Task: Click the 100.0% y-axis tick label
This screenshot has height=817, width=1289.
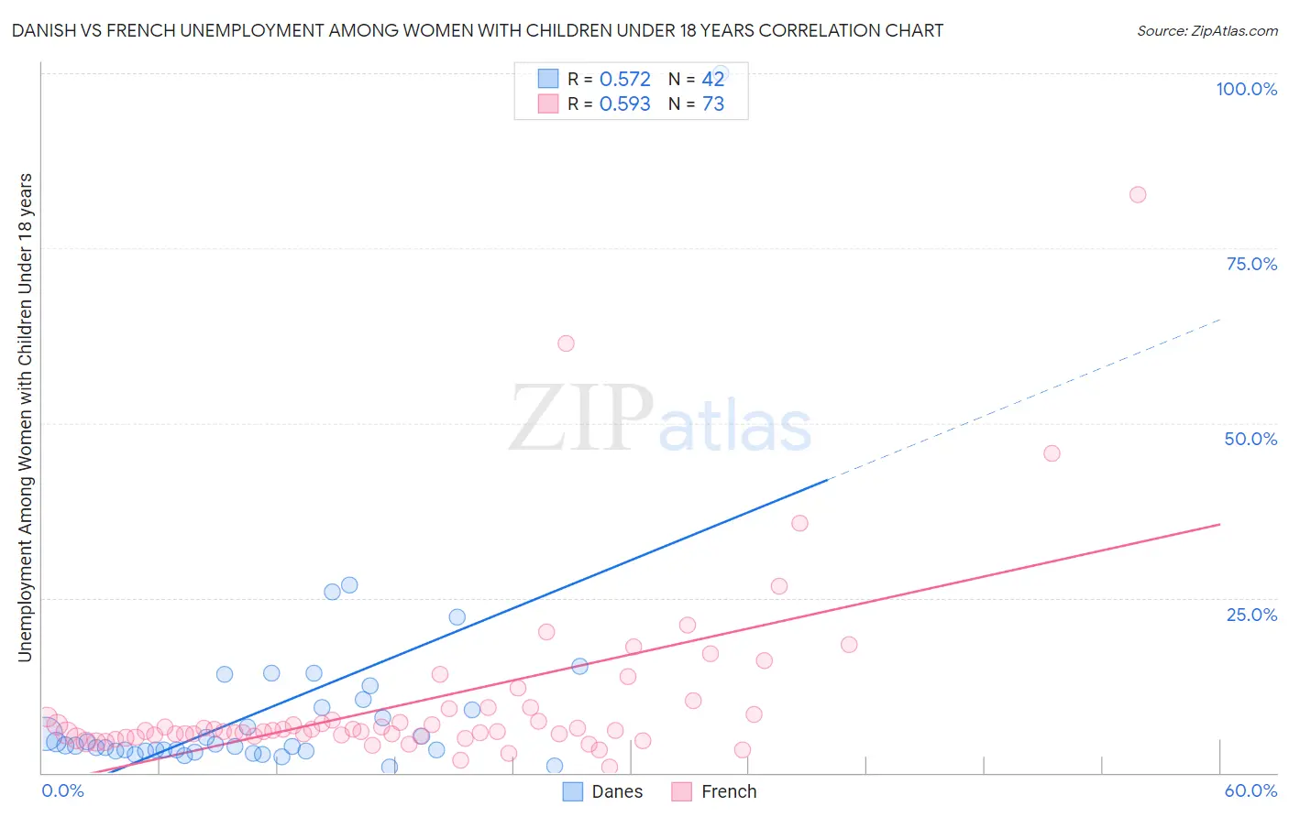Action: click(x=1246, y=89)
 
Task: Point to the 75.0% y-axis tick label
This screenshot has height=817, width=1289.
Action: click(x=1251, y=264)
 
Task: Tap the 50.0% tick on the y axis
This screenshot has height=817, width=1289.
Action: click(x=1250, y=439)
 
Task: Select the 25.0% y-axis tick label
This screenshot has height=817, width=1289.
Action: click(x=1251, y=615)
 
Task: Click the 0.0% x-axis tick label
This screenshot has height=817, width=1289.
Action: click(x=62, y=790)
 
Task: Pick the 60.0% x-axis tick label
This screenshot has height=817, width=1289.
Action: click(x=1250, y=790)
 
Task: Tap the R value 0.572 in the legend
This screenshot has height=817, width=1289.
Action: click(x=624, y=79)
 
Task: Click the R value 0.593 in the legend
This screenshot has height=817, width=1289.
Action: click(x=624, y=103)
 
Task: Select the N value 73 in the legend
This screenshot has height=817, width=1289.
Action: click(x=713, y=103)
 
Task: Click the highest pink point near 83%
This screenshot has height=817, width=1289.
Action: click(x=1138, y=194)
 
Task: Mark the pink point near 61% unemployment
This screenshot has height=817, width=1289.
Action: click(x=566, y=343)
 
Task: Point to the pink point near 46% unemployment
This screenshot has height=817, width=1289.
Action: click(x=1052, y=453)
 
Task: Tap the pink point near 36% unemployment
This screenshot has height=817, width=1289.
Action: click(x=799, y=523)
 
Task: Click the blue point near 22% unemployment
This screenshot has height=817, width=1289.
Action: click(x=457, y=617)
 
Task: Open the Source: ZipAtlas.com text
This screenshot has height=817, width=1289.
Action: click(x=1206, y=30)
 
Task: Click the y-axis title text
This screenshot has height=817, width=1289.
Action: click(x=25, y=417)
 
